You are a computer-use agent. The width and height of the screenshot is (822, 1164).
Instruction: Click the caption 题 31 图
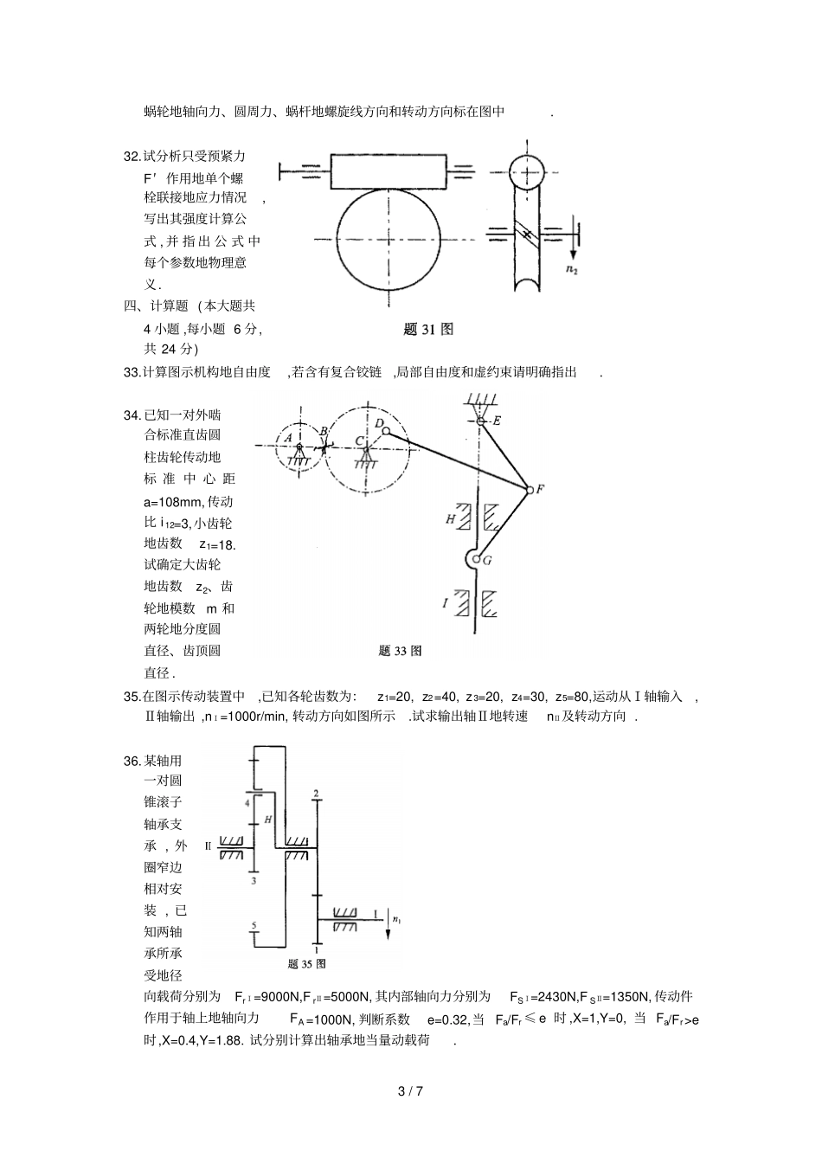[428, 329]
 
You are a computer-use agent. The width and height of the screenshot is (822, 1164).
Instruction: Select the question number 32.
[132, 157]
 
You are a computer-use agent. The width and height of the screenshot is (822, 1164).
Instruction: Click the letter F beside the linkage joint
[539, 489]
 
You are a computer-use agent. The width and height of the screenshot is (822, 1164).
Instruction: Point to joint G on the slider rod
[477, 560]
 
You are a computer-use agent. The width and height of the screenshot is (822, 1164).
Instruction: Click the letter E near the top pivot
[497, 421]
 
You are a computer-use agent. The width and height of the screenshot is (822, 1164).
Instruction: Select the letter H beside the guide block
[450, 518]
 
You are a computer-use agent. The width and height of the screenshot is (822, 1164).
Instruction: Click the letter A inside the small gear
[288, 438]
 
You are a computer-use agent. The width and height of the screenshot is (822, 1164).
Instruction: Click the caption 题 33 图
[400, 651]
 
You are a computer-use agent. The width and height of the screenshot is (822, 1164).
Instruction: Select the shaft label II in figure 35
[208, 846]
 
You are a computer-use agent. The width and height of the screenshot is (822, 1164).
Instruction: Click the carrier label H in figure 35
[267, 818]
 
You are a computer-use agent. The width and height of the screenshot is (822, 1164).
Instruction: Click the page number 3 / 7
[410, 1091]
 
